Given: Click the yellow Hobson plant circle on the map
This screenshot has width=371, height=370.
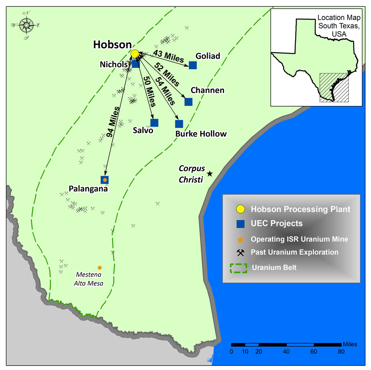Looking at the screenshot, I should (135, 53).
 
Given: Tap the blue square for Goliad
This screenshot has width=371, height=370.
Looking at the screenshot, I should (193, 65).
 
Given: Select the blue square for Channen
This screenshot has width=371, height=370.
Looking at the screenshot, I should (188, 102).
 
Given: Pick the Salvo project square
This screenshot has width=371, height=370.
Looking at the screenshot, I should (154, 123).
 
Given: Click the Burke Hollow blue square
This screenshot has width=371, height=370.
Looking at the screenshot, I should (179, 124).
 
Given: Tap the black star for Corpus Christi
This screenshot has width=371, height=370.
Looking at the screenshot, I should (210, 173).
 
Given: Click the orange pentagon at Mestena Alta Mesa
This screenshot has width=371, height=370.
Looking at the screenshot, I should (99, 267).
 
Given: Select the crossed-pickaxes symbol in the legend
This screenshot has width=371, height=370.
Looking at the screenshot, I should (241, 253).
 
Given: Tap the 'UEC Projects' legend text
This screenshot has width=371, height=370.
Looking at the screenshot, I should (276, 224).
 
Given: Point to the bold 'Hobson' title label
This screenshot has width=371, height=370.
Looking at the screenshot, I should (112, 44).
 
